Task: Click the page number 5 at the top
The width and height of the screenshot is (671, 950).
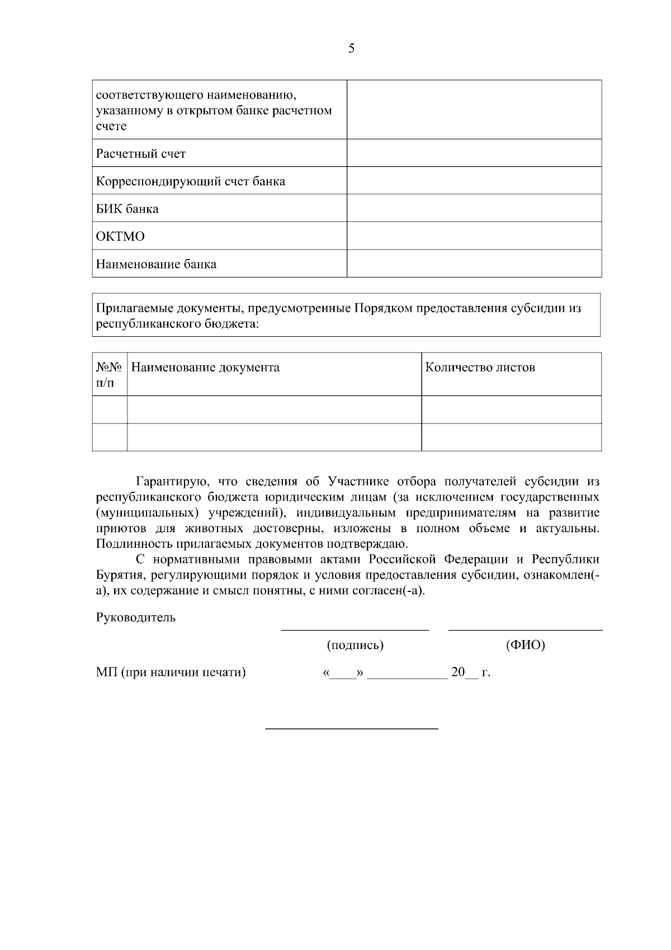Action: pyautogui.click(x=351, y=49)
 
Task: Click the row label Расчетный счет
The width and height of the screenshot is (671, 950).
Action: pyautogui.click(x=141, y=154)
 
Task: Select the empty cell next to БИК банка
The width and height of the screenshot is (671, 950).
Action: pyautogui.click(x=474, y=208)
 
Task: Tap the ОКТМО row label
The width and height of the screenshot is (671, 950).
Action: pyautogui.click(x=120, y=237)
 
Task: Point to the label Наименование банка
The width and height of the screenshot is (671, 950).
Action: pyautogui.click(x=156, y=264)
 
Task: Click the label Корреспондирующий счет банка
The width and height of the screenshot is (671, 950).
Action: pyautogui.click(x=191, y=181)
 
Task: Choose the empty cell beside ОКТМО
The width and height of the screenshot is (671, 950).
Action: pyautogui.click(x=474, y=236)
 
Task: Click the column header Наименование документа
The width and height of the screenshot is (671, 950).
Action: pyautogui.click(x=205, y=368)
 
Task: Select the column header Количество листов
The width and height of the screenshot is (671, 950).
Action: pyautogui.click(x=480, y=368)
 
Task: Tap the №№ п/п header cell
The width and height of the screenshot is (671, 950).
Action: pyautogui.click(x=109, y=374)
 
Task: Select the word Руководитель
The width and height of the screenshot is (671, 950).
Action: pyautogui.click(x=136, y=618)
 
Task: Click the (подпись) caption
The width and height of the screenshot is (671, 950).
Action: pyautogui.click(x=355, y=645)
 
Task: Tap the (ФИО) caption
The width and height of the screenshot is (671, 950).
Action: pyautogui.click(x=525, y=645)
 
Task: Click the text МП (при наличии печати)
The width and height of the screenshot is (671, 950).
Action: pyautogui.click(x=171, y=672)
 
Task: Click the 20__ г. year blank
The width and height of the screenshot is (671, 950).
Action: pyautogui.click(x=470, y=672)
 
